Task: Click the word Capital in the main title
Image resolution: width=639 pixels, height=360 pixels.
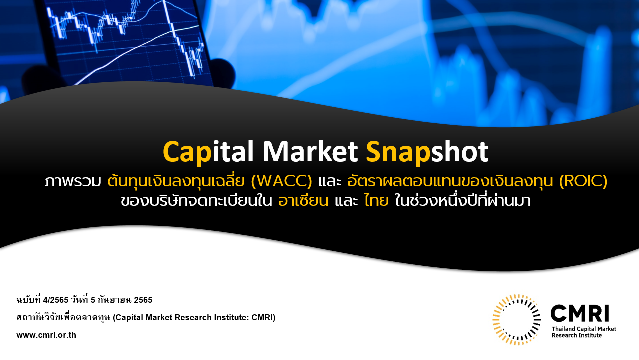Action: click(208, 152)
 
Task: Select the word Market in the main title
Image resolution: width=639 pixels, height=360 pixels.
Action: click(310, 151)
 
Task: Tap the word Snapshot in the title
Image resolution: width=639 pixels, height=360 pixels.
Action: click(427, 152)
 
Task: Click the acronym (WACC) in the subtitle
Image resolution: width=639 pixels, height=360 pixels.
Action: click(281, 181)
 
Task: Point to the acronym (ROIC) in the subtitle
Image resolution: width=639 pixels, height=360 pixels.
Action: click(583, 181)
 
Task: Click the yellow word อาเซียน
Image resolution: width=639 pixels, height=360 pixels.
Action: click(303, 200)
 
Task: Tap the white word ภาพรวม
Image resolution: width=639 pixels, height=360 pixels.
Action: click(73, 182)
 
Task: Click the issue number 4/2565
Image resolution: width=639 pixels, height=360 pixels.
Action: click(56, 300)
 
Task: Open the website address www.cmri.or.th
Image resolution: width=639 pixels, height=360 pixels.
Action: click(46, 335)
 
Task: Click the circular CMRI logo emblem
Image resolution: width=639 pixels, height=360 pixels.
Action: click(516, 320)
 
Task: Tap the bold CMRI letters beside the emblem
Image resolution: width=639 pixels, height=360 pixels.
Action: click(580, 313)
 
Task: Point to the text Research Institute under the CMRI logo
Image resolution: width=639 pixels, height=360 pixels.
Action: click(577, 336)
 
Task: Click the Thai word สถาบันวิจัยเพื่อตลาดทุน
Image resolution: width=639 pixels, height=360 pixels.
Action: click(63, 317)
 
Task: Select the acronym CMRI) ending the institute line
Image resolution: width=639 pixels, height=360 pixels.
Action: click(263, 318)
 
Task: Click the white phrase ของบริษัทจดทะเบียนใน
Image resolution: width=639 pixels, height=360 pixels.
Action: click(196, 200)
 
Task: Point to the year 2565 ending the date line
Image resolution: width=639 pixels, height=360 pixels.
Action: click(143, 300)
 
